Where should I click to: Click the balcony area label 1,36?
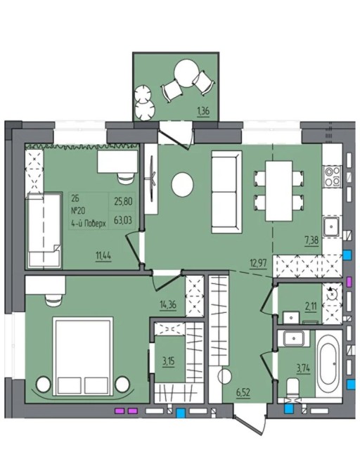[202, 112]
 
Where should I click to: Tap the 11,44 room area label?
[103, 256]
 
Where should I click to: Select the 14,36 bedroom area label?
[168, 305]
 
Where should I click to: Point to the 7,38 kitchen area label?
[311, 240]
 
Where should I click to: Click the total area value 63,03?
[123, 221]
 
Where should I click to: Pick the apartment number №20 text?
[78, 211]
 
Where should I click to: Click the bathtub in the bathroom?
[328, 363]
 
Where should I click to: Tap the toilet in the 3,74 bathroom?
[292, 387]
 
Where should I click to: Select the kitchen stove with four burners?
[332, 176]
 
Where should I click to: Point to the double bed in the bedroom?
[83, 356]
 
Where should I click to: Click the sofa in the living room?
[226, 192]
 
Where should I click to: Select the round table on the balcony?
[186, 73]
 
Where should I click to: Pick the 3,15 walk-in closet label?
[169, 361]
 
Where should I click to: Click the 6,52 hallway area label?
[243, 392]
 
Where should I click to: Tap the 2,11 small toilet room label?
[310, 308]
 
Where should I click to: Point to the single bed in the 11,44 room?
[43, 231]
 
